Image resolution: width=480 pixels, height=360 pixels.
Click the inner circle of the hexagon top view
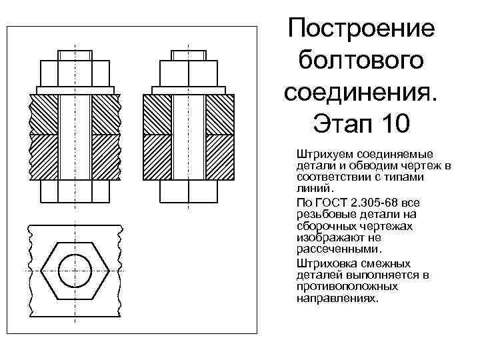click(x=75, y=271)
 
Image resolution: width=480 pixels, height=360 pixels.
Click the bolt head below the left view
click(x=75, y=192)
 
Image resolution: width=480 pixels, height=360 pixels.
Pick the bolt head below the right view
click(x=189, y=192)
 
